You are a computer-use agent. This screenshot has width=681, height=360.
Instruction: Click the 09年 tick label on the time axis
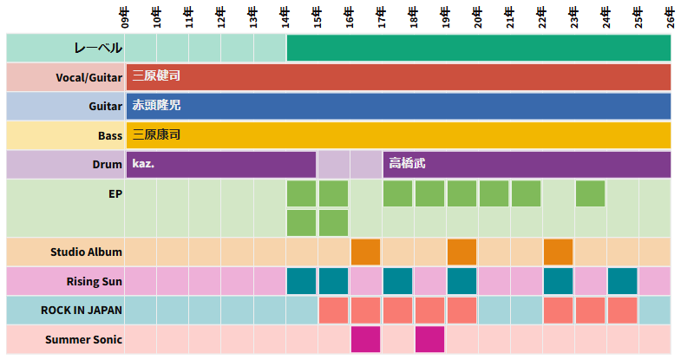(x=125, y=16)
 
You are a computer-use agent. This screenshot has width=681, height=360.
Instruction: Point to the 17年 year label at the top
(x=382, y=16)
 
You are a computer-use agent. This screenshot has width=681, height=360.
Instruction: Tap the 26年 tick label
(x=671, y=16)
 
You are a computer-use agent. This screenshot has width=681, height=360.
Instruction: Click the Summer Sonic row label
(x=83, y=339)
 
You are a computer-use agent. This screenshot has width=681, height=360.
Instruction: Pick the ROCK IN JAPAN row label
(x=82, y=311)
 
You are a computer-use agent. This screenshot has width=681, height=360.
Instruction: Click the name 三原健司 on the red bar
(x=156, y=76)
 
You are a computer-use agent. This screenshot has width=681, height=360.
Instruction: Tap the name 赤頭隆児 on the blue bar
(x=156, y=106)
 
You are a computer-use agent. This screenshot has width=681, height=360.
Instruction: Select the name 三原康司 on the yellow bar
(x=156, y=135)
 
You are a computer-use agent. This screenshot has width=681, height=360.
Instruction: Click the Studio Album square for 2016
(x=366, y=252)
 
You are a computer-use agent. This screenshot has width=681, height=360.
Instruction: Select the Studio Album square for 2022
(x=559, y=252)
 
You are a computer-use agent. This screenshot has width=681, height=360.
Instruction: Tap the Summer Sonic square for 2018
(x=430, y=339)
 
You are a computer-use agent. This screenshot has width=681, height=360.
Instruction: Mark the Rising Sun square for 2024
(x=623, y=281)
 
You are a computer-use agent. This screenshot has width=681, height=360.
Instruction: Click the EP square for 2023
(x=591, y=193)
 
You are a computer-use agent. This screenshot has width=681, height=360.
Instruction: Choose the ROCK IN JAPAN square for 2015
(x=334, y=310)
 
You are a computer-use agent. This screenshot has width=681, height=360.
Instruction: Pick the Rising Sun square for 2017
(x=398, y=281)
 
